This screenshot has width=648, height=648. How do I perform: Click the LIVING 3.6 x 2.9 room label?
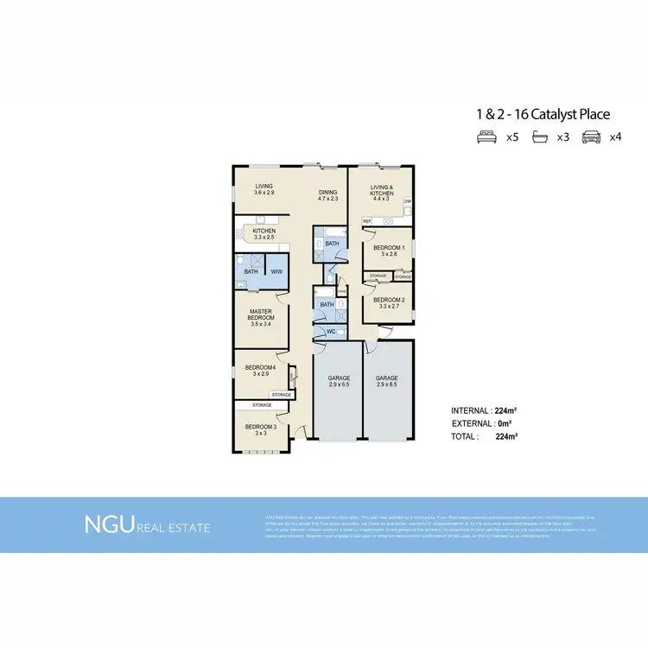pos(264,189)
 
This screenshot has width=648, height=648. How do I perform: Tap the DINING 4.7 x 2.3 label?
pos(327,196)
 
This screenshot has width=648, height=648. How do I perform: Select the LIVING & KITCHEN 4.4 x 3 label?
pos(382,193)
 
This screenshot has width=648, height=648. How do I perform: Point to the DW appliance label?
pos(407,201)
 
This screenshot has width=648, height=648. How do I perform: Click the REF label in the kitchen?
pos(366,221)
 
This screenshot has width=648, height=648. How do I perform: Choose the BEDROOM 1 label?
pos(384,251)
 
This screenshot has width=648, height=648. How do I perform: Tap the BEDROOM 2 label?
pos(384,302)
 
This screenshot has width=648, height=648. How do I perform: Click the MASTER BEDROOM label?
pos(261,317)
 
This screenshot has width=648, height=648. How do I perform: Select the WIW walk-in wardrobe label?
pos(276,272)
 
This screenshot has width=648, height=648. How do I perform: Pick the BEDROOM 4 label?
pos(260,371)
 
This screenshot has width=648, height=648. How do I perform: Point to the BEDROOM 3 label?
pos(260,429)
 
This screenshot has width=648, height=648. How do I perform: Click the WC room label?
pos(330,331)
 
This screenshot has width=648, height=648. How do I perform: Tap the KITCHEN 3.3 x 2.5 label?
pos(264,234)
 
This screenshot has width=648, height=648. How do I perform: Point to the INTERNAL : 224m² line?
pos(484,410)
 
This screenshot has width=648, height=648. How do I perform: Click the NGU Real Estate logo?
pos(146,524)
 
